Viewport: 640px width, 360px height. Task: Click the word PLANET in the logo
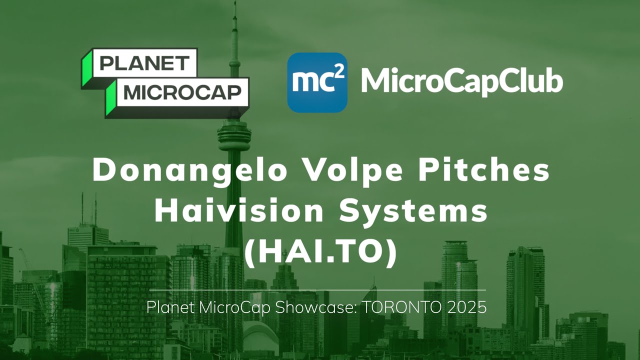click(x=144, y=63)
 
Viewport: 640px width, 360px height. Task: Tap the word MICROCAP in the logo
click(x=182, y=92)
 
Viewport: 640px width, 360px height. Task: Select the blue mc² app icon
click(x=317, y=82)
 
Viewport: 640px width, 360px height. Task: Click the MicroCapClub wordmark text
click(x=461, y=81)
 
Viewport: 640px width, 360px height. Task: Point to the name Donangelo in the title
click(x=190, y=171)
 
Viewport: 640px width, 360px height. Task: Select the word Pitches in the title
click(x=483, y=171)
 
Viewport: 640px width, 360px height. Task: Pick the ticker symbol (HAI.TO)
click(x=320, y=253)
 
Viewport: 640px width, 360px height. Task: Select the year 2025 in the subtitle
click(x=467, y=307)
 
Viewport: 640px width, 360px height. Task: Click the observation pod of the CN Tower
click(x=234, y=132)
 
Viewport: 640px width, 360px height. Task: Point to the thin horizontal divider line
click(x=317, y=289)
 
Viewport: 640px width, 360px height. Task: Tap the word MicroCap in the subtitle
click(x=235, y=307)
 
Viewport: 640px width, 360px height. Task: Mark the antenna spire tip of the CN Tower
click(x=234, y=4)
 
